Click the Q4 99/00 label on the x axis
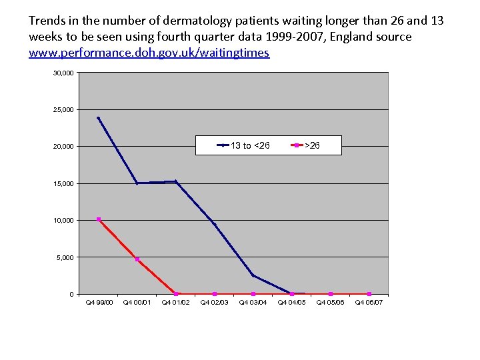[x=99, y=303]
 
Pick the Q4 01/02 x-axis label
[x=176, y=303]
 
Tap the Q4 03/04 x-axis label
[x=253, y=303]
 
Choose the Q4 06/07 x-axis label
[x=369, y=303]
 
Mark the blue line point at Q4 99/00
[x=99, y=118]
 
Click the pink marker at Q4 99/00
[x=99, y=219]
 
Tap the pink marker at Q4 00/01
[x=137, y=259]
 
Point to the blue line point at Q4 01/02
[x=176, y=181]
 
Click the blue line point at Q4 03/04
[x=253, y=275]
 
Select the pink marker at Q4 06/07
[x=369, y=294]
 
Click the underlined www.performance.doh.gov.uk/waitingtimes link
[x=149, y=52]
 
